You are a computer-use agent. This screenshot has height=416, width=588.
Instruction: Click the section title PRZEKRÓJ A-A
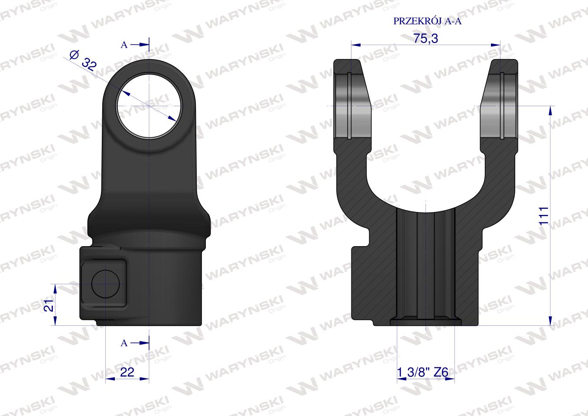427,21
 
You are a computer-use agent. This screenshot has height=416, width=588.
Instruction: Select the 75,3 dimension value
426,38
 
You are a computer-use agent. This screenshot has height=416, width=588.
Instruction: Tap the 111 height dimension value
544,216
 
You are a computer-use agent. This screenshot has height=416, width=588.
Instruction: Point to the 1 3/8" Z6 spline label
422,372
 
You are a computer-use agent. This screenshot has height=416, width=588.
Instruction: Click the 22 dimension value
127,372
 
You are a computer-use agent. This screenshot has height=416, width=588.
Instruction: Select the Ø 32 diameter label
83,61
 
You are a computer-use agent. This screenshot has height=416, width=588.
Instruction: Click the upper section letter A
124,45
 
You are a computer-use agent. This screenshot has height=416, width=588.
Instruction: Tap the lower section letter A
124,343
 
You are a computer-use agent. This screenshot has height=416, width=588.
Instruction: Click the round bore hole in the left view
149,105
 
